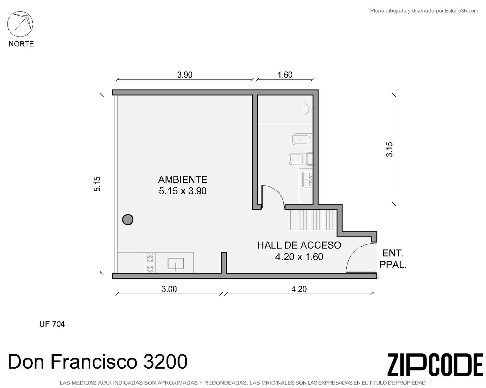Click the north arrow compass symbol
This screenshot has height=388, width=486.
point(20,24)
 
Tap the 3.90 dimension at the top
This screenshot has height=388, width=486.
point(184,75)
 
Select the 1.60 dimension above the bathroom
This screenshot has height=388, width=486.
point(285,75)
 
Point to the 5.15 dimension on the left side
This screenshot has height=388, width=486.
point(97,184)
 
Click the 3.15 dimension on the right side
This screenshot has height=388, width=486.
point(389,149)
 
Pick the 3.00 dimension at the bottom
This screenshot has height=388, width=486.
point(169,289)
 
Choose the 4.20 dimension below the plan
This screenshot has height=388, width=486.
point(299,289)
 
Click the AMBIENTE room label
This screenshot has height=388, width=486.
point(183,179)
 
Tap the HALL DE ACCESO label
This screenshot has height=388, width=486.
point(299,245)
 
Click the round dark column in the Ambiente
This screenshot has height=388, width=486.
point(128,219)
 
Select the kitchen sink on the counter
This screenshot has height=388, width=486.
point(176,264)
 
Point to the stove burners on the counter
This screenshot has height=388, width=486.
point(150,263)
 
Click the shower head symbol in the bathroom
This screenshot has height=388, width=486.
point(307,109)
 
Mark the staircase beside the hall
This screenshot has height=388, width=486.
point(312,220)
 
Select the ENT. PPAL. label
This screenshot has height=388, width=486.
point(393,259)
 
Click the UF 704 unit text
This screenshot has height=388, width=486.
point(52,324)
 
